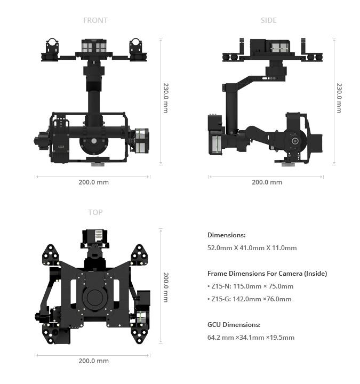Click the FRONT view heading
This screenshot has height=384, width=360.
coord(95,20)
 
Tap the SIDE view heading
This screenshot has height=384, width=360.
coord(269,20)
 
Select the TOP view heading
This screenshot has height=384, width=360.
coord(95,212)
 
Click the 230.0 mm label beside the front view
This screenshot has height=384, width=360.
coord(166,98)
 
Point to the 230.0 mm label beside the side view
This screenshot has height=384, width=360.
coord(339,98)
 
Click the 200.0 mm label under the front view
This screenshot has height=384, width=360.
coord(93,182)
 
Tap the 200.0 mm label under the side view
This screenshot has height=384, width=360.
coord(267,182)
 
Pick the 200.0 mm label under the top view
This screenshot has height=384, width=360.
coord(93,361)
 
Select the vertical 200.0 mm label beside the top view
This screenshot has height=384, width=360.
coord(166,287)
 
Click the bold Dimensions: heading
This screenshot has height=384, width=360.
coord(227,235)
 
